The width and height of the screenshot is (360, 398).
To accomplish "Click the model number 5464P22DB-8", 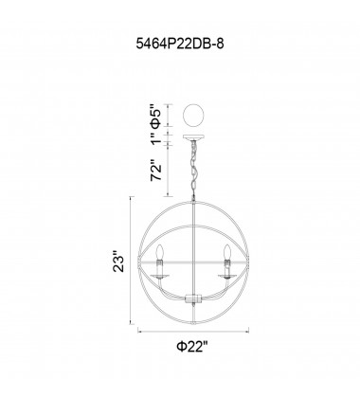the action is [180, 44].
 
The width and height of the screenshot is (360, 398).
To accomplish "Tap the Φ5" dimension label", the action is [157, 116].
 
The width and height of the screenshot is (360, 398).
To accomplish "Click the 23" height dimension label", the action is [120, 262].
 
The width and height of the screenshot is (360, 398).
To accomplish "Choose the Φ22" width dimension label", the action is [193, 347].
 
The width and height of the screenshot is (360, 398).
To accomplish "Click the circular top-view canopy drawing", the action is [194, 116].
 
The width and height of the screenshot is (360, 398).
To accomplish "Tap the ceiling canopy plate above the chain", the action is [194, 137].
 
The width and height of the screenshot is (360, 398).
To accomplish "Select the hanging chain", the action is [193, 169].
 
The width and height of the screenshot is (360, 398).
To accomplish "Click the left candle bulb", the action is [159, 252].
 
